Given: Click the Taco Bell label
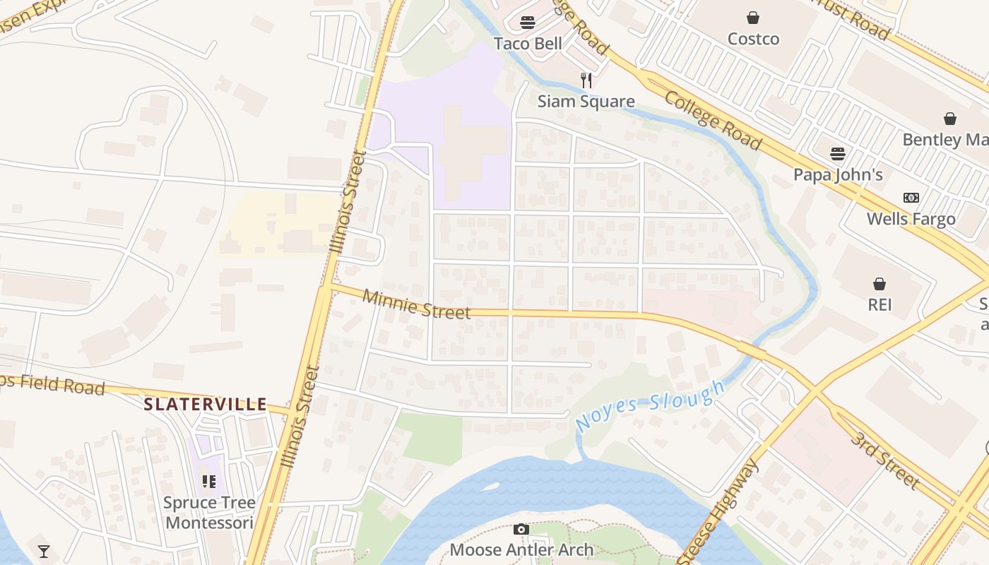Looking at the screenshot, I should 528,44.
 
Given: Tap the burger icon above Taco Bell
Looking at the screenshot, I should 528,22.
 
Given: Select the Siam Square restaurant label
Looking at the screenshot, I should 586,101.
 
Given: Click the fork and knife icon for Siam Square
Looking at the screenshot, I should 586,80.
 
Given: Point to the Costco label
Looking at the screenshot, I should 753,39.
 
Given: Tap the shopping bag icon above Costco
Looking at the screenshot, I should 753,18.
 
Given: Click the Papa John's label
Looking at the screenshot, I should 838,174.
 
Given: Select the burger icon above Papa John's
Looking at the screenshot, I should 838,153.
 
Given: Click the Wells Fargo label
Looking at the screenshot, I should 911,219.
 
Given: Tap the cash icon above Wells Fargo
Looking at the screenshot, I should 911,198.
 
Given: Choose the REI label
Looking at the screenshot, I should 880,305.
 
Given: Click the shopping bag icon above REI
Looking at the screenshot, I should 880,284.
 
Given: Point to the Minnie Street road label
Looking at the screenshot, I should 416,304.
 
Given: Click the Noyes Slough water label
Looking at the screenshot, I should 650,406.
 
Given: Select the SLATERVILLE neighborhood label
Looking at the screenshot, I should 206,405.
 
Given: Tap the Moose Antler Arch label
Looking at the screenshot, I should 521,549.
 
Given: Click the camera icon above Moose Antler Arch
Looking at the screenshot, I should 521,529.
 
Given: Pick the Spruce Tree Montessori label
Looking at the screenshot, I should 208,513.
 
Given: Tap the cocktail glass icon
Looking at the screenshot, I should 44,552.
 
